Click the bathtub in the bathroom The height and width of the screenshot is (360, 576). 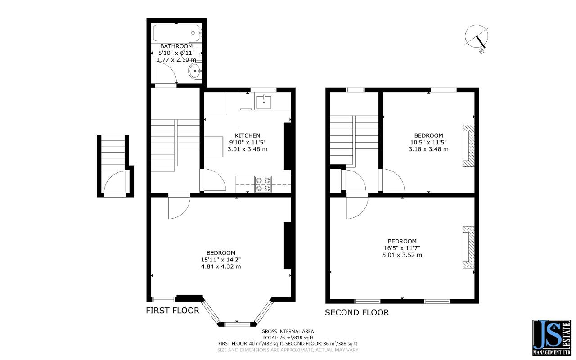(x=176, y=33)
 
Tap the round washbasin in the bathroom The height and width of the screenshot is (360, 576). (x=195, y=71)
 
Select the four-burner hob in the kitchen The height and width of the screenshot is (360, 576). (x=263, y=184)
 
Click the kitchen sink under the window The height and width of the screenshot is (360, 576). (x=264, y=102)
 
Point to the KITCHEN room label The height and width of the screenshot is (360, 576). (x=247, y=135)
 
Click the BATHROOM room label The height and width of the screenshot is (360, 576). (x=176, y=46)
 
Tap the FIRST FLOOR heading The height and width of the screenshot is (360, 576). (x=172, y=310)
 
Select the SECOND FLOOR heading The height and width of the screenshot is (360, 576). (x=357, y=312)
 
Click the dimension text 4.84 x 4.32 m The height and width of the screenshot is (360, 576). (x=221, y=266)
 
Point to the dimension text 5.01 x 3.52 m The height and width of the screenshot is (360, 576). (x=402, y=255)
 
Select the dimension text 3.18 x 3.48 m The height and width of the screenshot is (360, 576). (x=429, y=149)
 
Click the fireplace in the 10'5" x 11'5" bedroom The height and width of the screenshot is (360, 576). (x=468, y=146)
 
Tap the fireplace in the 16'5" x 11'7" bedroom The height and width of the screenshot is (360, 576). (x=468, y=247)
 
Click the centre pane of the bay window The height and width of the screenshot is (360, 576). (x=237, y=324)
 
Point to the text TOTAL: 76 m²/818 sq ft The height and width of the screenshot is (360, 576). (x=288, y=337)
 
